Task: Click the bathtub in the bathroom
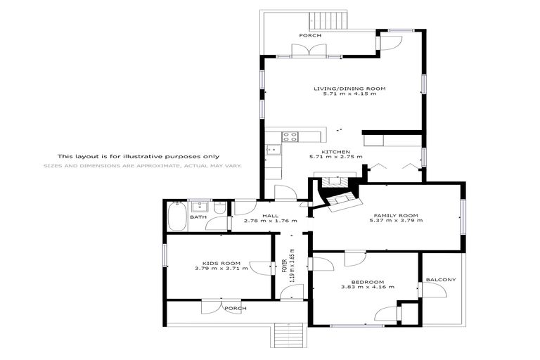coord(177,216)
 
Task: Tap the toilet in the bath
coord(219,210)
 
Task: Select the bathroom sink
coord(200,207)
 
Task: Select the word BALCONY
coord(441,280)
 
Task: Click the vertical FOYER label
coord(284,265)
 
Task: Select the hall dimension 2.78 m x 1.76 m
coord(270,221)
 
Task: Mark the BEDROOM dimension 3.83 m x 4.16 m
coord(367,287)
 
